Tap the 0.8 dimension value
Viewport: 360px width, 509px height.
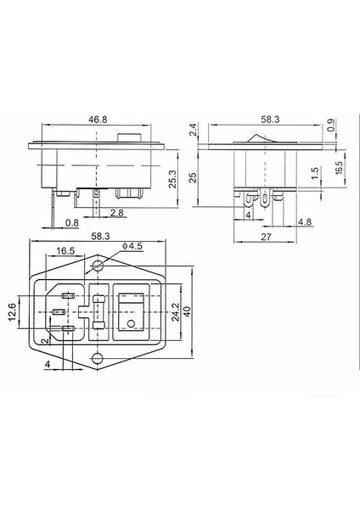pos(74,223)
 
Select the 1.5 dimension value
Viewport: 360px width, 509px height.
pos(314,174)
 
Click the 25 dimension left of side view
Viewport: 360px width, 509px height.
pos(193,176)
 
